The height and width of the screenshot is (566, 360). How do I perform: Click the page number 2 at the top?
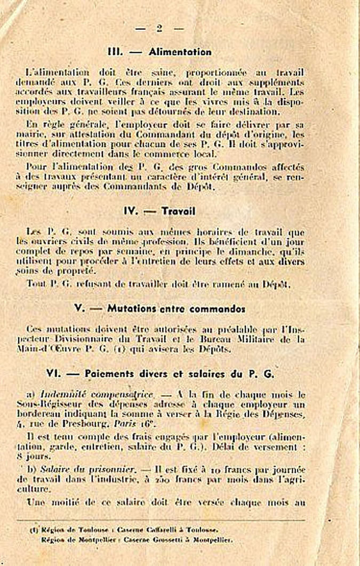[x=159, y=28]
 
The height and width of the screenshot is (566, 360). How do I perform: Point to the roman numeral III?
[x=115, y=52]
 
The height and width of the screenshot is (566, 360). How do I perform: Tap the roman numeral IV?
[x=131, y=211]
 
